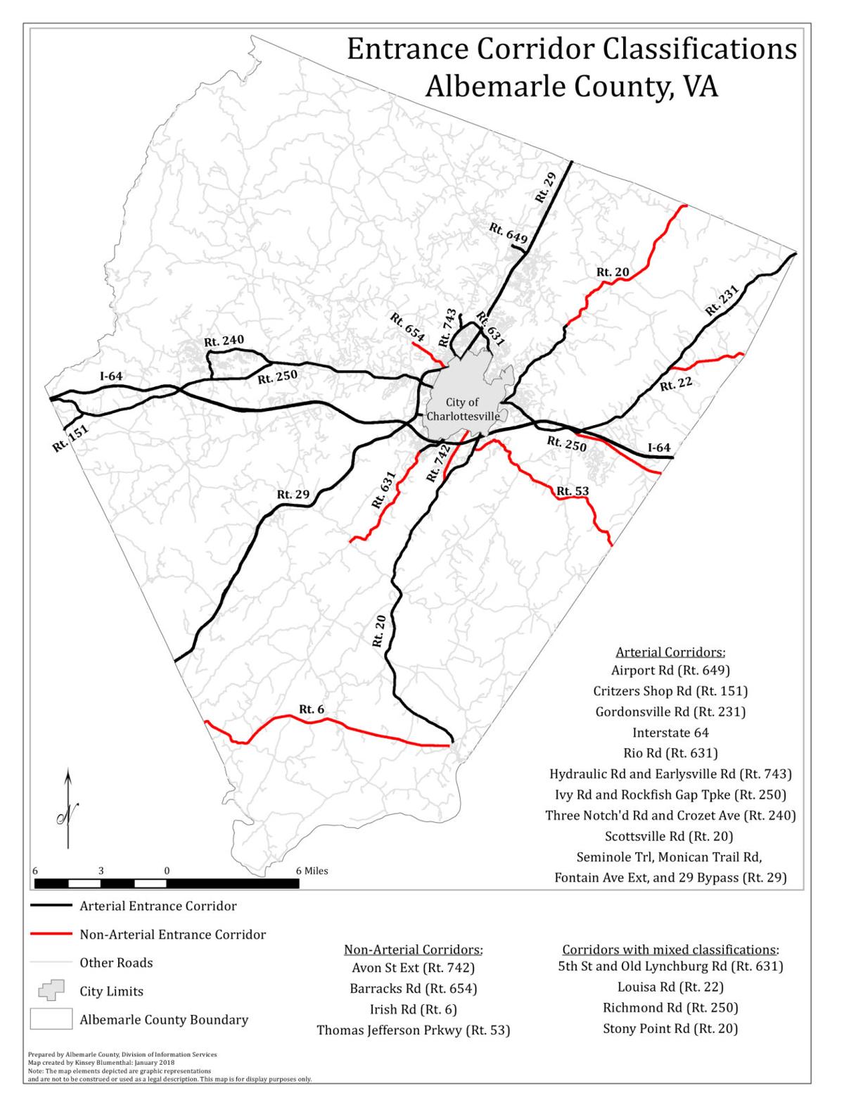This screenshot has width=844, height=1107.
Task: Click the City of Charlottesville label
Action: [x=463, y=409]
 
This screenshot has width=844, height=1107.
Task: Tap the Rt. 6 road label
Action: [x=312, y=709]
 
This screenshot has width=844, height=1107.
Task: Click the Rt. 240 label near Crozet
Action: [x=224, y=341]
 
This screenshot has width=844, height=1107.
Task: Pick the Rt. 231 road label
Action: [x=722, y=300]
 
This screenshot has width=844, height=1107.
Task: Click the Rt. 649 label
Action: [x=509, y=233]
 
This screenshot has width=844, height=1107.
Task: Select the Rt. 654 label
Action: [x=408, y=327]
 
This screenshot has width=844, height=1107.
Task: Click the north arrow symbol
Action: [x=68, y=809]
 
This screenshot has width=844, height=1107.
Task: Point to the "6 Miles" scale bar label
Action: [x=312, y=871]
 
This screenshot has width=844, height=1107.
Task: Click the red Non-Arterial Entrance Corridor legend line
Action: [x=51, y=935]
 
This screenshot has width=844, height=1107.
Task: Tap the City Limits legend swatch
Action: [x=51, y=990]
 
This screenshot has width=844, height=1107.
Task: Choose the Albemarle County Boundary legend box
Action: [x=51, y=1018]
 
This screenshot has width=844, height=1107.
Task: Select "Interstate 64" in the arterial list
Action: [x=670, y=733]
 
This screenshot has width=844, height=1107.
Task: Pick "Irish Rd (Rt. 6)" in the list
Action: [x=413, y=1009]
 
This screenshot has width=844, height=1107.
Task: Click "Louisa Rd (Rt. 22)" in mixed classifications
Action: [x=670, y=987]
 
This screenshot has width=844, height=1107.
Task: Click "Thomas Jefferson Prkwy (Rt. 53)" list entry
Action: [x=413, y=1030]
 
